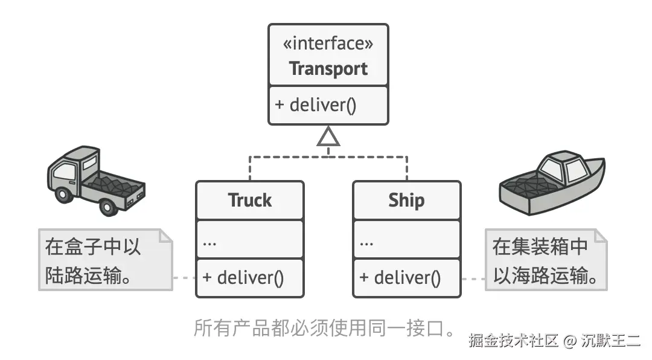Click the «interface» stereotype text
click(328, 43)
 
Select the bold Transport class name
click(328, 69)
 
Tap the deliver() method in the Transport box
click(316, 104)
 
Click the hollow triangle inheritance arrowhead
click(328, 137)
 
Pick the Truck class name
click(249, 201)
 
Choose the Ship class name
click(406, 201)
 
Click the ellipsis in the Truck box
click(209, 242)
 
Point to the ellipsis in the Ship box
click(366, 242)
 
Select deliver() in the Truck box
click(243, 278)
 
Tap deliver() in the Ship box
click(400, 278)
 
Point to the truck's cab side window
click(64, 172)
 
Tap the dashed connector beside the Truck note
click(184, 278)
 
